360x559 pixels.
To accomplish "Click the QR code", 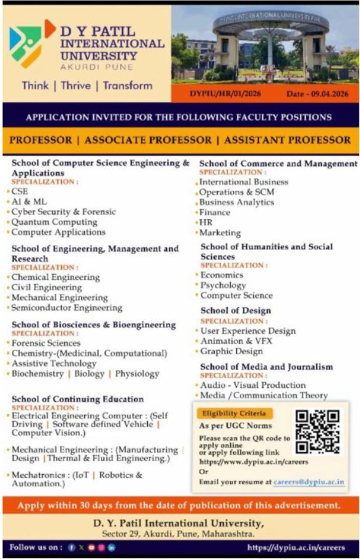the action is (317, 431).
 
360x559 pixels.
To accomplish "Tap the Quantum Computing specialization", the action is (54, 222).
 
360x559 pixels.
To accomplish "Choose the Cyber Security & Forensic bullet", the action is (63, 212).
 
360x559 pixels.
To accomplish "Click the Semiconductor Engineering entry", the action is (67, 308).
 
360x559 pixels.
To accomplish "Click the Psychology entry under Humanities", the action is (223, 285).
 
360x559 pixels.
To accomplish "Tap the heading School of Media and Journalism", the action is (267, 367).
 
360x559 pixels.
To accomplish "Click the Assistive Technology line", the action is (54, 363).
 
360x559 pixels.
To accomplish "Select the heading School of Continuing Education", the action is (77, 399).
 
